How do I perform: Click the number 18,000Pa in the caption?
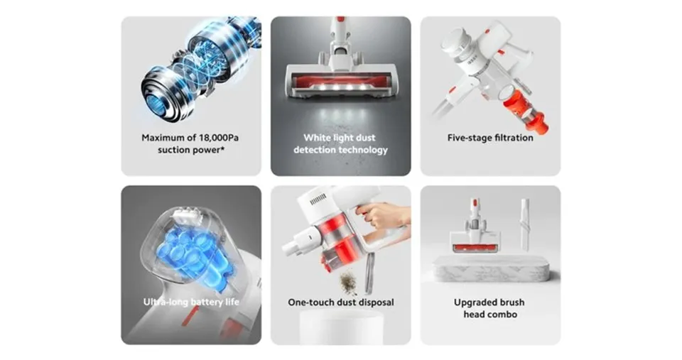point(219,138)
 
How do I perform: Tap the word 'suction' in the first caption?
point(173,150)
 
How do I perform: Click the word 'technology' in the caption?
point(364,150)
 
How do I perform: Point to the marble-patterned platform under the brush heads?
point(491,270)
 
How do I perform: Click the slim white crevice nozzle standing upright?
point(525,225)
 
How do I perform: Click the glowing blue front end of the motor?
point(158,103)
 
